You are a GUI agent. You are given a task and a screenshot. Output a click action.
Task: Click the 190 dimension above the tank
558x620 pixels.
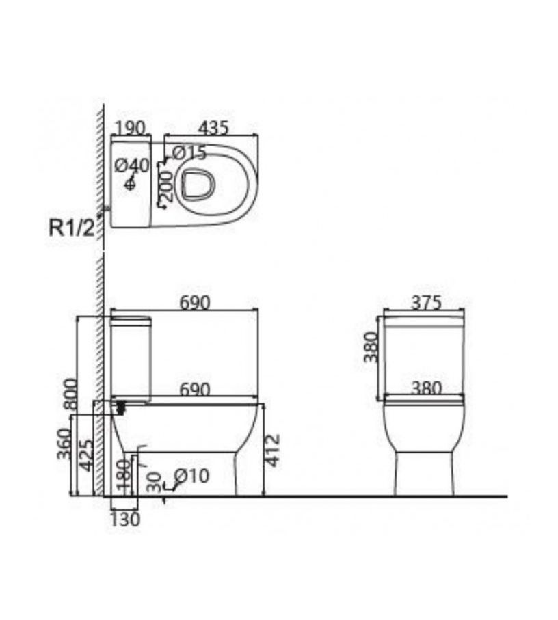131,128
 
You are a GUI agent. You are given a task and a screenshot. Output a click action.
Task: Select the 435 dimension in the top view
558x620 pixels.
213,128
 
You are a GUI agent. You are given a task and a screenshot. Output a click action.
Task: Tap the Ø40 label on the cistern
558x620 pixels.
133,165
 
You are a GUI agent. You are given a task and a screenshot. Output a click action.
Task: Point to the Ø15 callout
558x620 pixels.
189,153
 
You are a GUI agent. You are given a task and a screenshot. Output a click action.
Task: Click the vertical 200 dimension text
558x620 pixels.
166,186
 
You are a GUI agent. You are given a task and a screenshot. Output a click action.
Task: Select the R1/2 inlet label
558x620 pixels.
72,228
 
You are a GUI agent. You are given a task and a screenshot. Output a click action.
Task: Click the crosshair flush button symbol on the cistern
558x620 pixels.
130,184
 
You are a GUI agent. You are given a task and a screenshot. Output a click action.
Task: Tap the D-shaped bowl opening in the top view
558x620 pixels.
198,185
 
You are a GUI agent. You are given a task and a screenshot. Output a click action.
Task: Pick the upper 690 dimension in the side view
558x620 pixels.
195,303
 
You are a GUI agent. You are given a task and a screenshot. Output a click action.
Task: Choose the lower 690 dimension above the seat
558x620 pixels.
195,390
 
